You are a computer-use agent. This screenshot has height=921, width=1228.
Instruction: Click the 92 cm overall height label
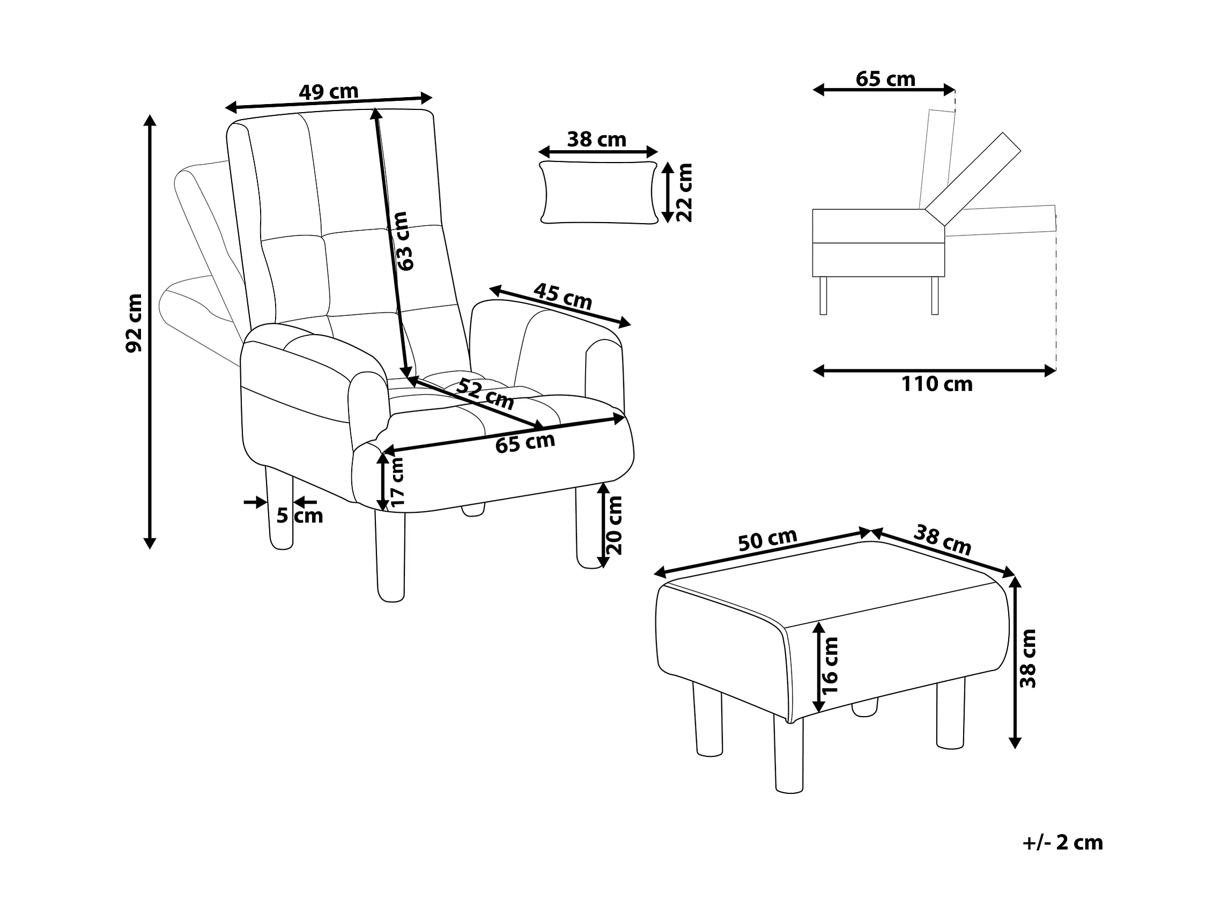coord(135,323)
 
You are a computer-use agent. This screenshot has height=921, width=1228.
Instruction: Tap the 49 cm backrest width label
coord(329,91)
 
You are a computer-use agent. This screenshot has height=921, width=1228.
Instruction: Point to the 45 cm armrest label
coord(563,297)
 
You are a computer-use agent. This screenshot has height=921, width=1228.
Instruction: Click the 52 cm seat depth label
coord(485,394)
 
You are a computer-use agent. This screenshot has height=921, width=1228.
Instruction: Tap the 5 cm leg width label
coord(300,515)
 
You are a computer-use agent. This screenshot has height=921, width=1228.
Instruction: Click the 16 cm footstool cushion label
coord(830,665)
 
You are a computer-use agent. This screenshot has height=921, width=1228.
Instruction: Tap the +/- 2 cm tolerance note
coord(1062,843)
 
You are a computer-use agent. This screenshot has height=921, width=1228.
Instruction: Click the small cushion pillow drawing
coord(598,193)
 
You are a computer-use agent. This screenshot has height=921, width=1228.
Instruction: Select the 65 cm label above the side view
coord(885,79)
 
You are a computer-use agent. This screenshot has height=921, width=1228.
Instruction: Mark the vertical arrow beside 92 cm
coord(149,331)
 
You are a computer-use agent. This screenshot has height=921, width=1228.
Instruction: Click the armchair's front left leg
coord(390,556)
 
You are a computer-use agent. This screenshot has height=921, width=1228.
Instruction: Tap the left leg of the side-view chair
coord(823,296)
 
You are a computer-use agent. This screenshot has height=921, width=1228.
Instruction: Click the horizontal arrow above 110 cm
coord(934,371)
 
